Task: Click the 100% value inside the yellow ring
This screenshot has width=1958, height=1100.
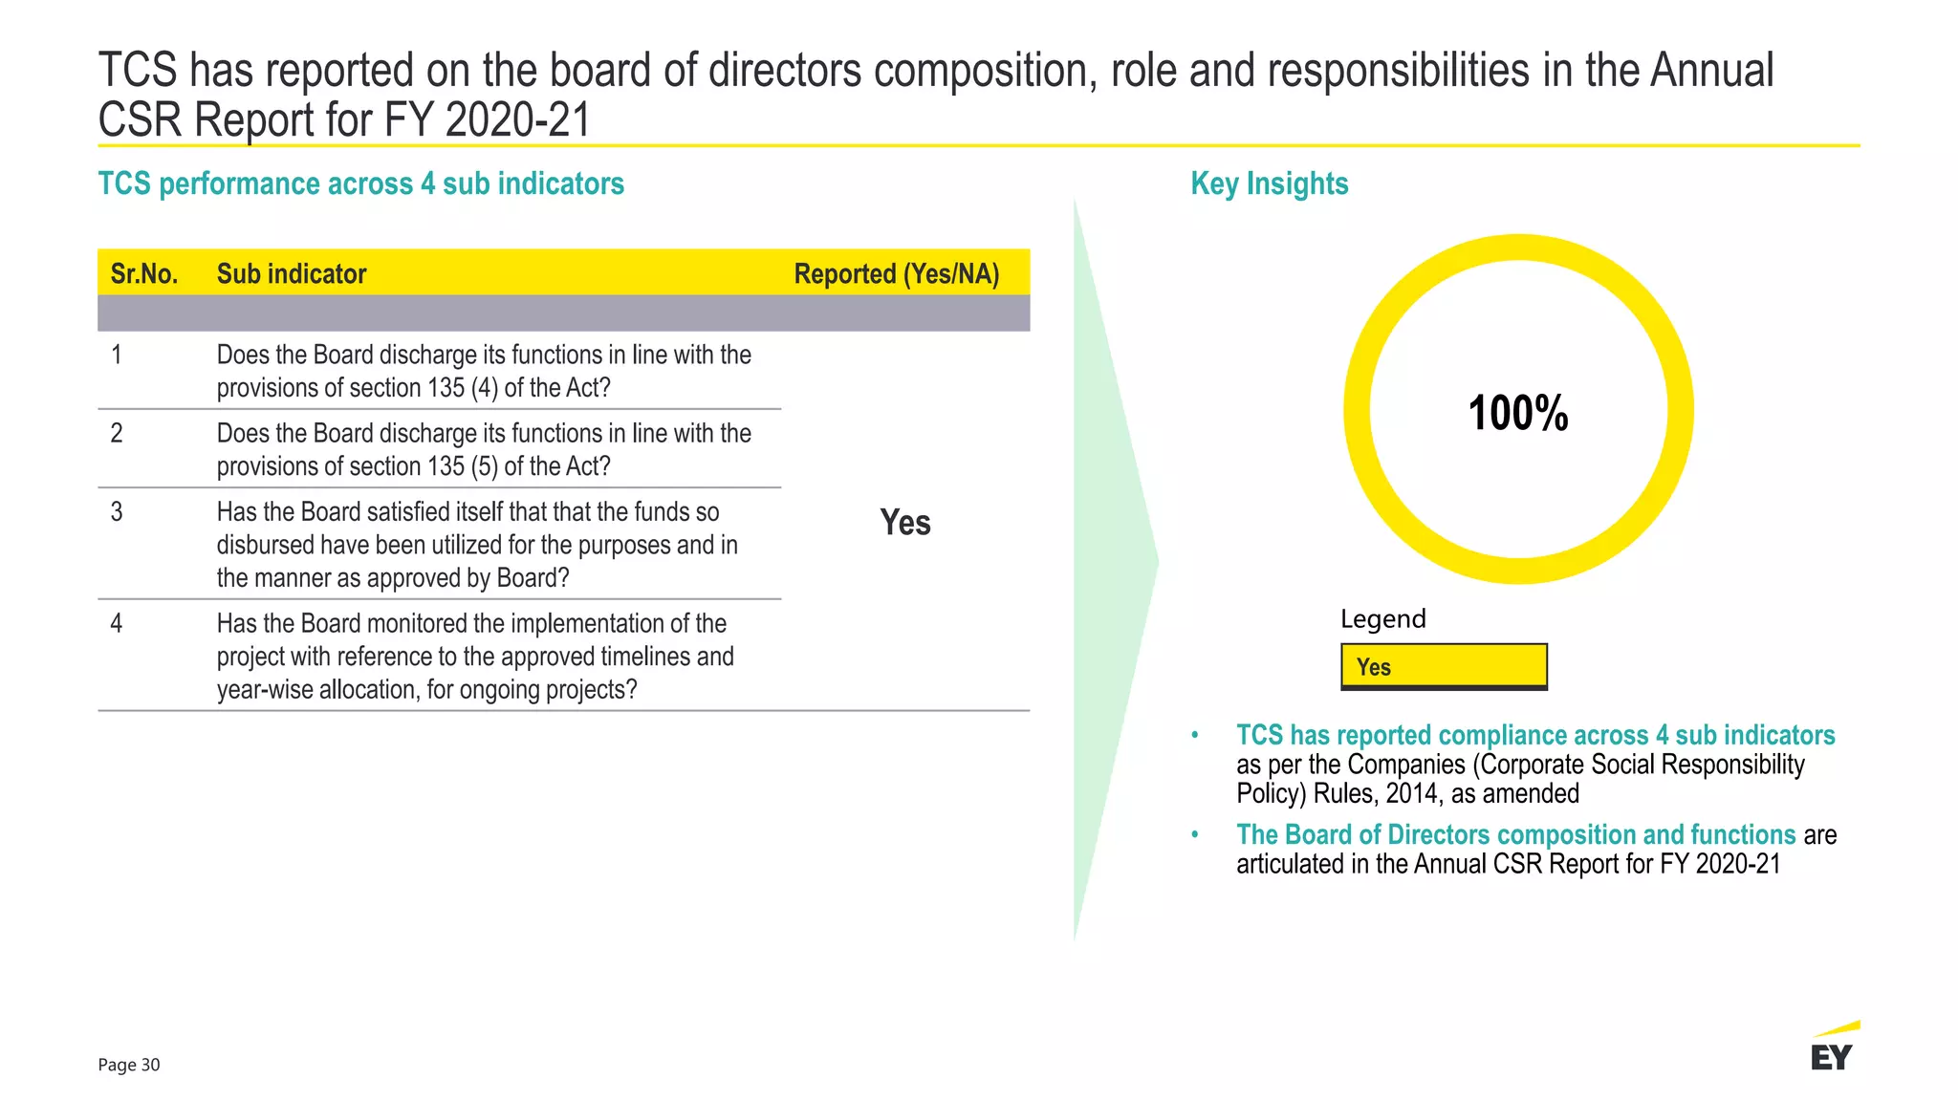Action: coord(1517,414)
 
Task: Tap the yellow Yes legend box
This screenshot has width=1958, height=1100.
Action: coord(1444,666)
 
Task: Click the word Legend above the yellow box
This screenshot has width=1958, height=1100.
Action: coord(1382,619)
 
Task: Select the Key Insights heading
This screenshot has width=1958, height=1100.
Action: coord(1269,183)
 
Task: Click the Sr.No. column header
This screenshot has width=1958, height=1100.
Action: coord(144,274)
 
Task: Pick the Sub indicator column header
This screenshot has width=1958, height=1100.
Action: coord(292,274)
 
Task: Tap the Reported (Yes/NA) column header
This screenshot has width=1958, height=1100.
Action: coord(896,274)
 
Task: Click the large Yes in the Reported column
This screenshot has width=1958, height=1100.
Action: coord(904,523)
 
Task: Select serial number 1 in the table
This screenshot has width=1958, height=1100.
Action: coord(117,356)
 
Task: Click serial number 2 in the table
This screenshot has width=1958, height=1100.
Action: coord(117,434)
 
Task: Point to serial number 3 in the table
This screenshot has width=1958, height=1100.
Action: coord(117,512)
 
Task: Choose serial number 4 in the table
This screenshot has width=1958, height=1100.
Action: coord(117,624)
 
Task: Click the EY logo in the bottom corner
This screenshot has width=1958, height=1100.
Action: coord(1832,1048)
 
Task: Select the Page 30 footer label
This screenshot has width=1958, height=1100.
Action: coord(129,1065)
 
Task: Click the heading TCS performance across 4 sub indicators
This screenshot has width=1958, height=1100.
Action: coord(360,183)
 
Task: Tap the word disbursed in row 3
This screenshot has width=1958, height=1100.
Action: coord(260,545)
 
